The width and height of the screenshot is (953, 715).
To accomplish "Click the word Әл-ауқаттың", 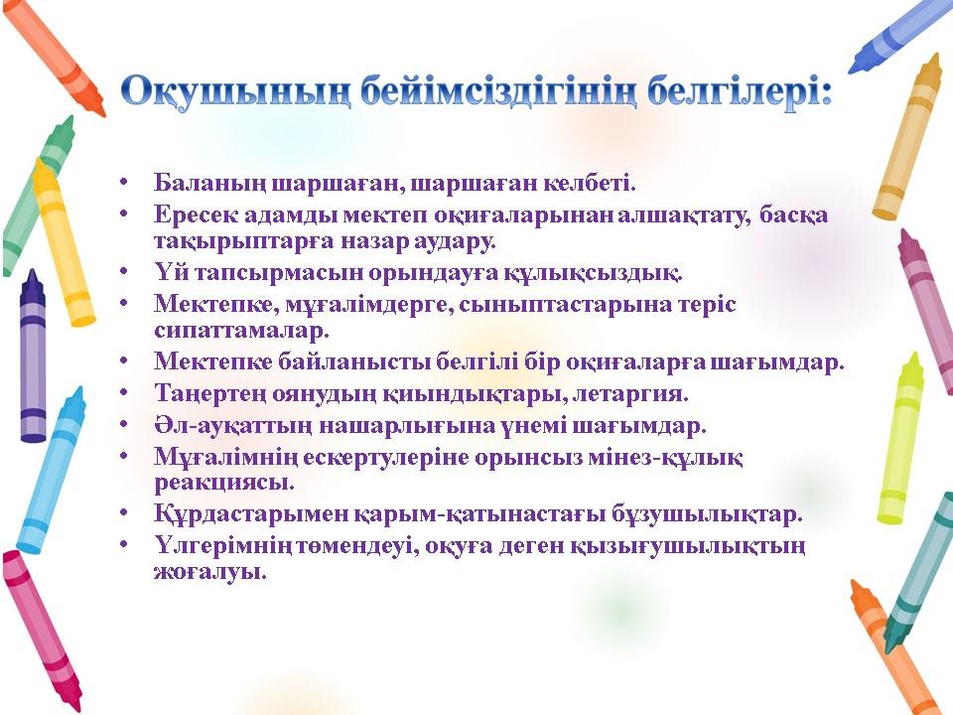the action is (x=233, y=425).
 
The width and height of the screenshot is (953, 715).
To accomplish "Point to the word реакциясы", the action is (x=224, y=483).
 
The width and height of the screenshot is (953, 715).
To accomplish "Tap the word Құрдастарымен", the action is (x=250, y=513).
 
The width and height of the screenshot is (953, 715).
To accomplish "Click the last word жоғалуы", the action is (x=209, y=572).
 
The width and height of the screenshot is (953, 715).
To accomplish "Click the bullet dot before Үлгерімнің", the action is (x=125, y=543).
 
